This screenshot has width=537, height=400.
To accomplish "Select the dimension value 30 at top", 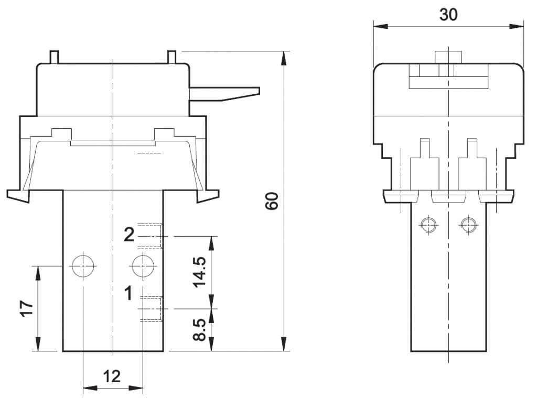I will pyautogui.click(x=448, y=14).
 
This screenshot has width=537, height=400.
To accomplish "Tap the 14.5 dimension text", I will pyautogui.click(x=200, y=272).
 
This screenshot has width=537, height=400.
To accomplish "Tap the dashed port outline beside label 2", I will pyautogui.click(x=151, y=236).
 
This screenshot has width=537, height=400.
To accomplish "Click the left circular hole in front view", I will pyautogui.click(x=83, y=266).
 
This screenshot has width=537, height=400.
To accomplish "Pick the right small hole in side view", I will pyautogui.click(x=467, y=225).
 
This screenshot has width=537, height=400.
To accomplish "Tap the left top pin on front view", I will pyautogui.click(x=53, y=56).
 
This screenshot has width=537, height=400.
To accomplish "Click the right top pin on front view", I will pyautogui.click(x=171, y=56).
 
